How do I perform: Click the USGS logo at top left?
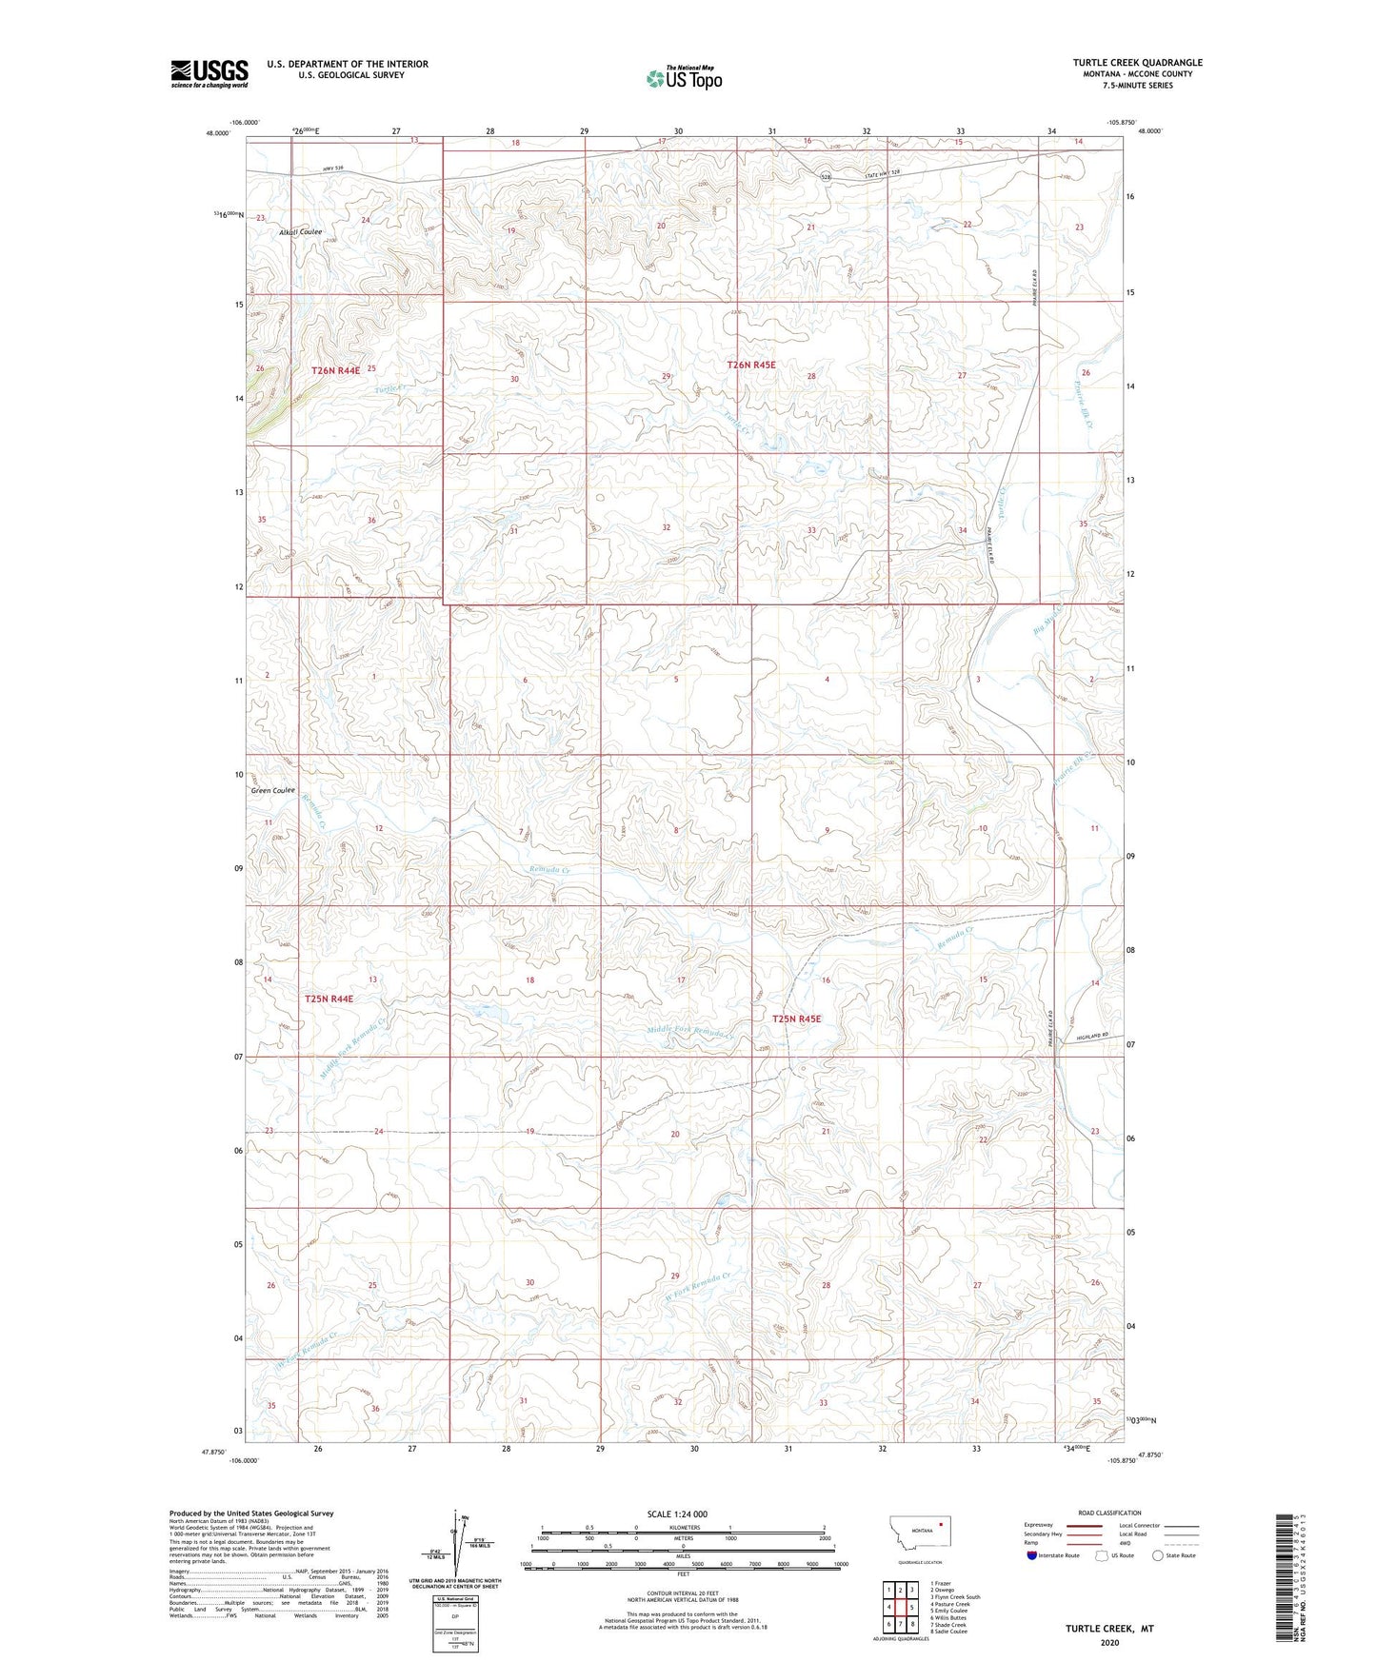(x=209, y=73)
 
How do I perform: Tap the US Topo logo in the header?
(x=683, y=78)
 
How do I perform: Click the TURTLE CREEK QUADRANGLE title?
(x=1137, y=63)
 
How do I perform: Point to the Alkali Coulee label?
(x=300, y=232)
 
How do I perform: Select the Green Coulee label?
(x=272, y=790)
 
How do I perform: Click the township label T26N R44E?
(x=335, y=369)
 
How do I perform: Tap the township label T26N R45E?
(x=751, y=365)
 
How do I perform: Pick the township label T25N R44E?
(x=329, y=999)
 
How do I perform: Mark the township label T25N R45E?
(x=796, y=1019)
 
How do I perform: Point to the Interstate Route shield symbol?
(x=1032, y=1554)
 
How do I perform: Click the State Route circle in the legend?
(x=1158, y=1554)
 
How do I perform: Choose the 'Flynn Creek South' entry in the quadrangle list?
(x=956, y=1596)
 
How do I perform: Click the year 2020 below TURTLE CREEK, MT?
(x=1109, y=1643)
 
